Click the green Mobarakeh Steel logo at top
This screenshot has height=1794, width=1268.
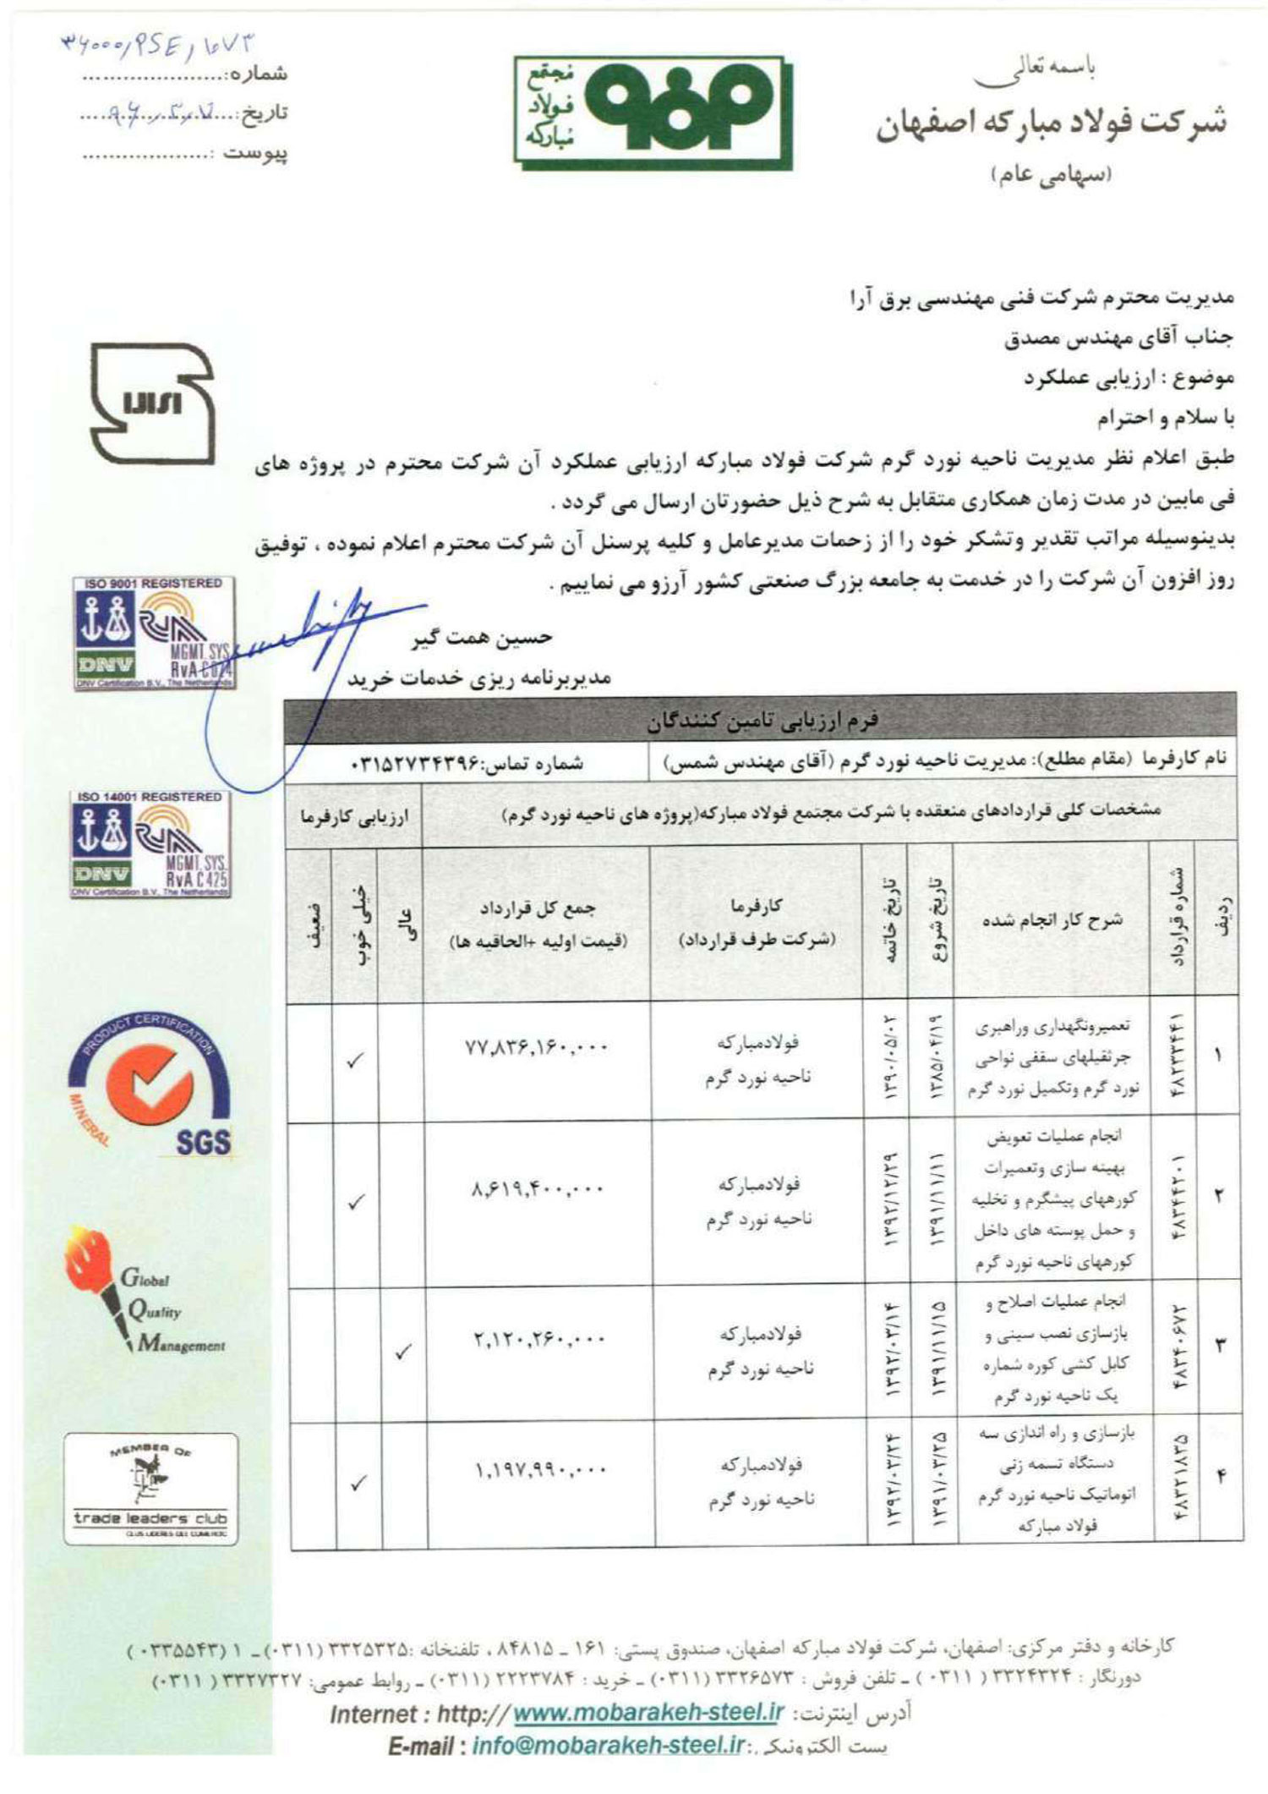pos(644,111)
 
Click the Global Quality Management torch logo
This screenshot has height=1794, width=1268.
pos(144,1291)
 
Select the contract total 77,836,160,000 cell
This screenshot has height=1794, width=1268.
pos(537,1048)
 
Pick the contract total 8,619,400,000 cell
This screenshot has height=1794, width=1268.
pos(537,1189)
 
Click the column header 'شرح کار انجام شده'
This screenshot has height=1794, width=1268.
pos(1052,920)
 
